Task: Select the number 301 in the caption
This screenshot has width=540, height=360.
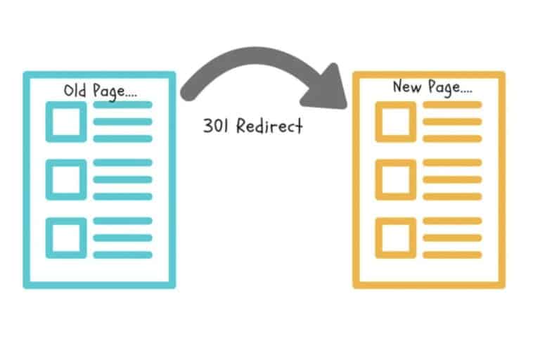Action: click(216, 127)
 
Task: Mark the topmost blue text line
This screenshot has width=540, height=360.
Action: click(123, 105)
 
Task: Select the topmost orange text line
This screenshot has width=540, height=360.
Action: click(452, 105)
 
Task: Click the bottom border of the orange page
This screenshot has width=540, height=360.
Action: click(429, 285)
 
